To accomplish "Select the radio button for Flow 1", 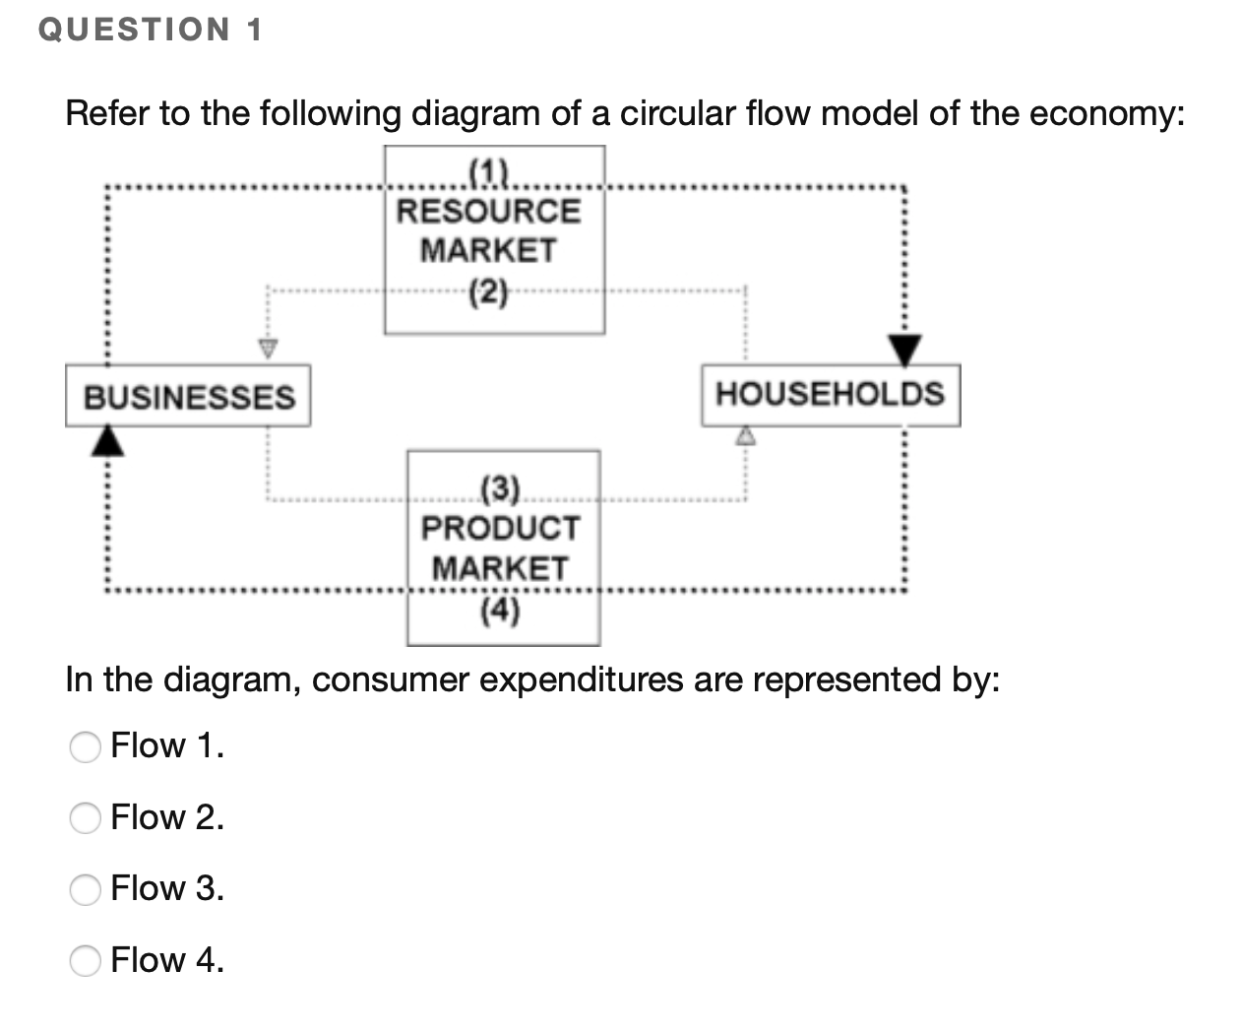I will click(x=86, y=748).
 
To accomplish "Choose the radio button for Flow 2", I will click(x=86, y=819).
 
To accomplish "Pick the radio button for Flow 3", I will click(x=86, y=890).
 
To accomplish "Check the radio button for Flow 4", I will click(x=86, y=961).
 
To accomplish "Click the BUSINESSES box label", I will click(x=189, y=397).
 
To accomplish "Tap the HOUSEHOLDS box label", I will click(x=830, y=394).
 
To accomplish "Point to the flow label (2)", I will click(x=489, y=291).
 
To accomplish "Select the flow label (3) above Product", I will click(x=501, y=487).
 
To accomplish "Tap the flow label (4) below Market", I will click(x=501, y=612).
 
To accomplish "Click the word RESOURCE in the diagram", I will click(x=489, y=211).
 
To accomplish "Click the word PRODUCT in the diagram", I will click(x=501, y=528).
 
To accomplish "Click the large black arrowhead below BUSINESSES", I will click(x=109, y=441).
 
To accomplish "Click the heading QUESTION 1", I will click(x=151, y=30).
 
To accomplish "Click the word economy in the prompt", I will click(x=1105, y=113).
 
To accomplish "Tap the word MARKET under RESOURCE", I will click(x=489, y=250).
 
